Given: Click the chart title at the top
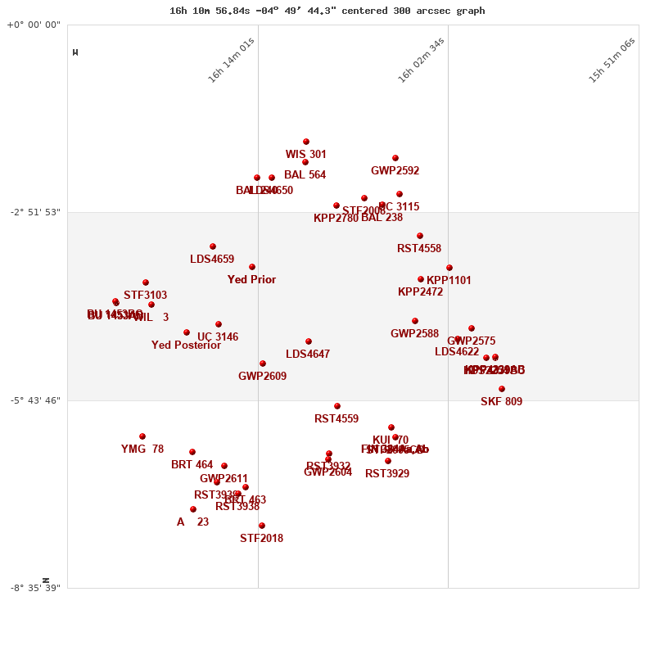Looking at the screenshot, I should pyautogui.click(x=327, y=11).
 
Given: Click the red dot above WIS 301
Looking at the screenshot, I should pyautogui.click(x=306, y=142).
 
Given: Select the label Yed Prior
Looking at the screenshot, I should pyautogui.click(x=251, y=280).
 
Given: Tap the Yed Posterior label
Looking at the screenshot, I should pyautogui.click(x=186, y=346).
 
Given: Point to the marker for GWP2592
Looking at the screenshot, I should pyautogui.click(x=395, y=158).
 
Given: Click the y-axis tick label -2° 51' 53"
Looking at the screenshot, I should pyautogui.click(x=35, y=212).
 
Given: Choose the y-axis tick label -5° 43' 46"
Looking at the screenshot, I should pyautogui.click(x=35, y=400).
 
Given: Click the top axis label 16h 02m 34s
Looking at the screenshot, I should pyautogui.click(x=421, y=60).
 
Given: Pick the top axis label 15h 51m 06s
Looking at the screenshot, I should pyautogui.click(x=612, y=60).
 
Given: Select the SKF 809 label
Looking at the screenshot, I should pyautogui.click(x=501, y=402).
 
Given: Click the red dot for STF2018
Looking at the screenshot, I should pyautogui.click(x=262, y=526).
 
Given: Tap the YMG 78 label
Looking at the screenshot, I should pyautogui.click(x=142, y=449).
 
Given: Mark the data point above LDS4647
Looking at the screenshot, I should pyautogui.click(x=309, y=341).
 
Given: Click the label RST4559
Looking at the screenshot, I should pyautogui.click(x=337, y=419).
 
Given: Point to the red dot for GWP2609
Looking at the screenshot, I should pyautogui.click(x=263, y=364).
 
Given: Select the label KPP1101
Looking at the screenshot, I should pyautogui.click(x=449, y=281).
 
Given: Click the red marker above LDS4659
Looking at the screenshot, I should pyautogui.click(x=213, y=246).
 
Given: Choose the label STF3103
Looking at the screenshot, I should pyautogui.click(x=145, y=296).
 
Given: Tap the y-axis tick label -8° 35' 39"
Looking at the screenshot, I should pyautogui.click(x=35, y=588).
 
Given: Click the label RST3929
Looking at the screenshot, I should pyautogui.click(x=387, y=474).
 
